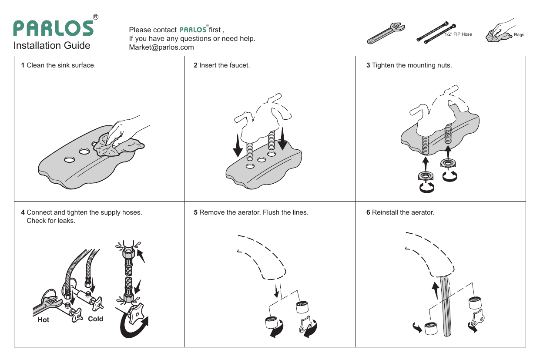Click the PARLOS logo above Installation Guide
point(53,29)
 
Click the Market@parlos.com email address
point(161,47)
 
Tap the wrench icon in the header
point(386,33)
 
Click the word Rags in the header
point(519,35)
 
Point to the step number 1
point(23,66)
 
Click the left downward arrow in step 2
point(238,146)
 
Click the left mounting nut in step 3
point(425,176)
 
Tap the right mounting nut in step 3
point(447,164)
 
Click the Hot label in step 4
point(44,320)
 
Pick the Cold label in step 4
point(95,319)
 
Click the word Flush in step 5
point(272,213)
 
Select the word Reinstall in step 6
point(386,213)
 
